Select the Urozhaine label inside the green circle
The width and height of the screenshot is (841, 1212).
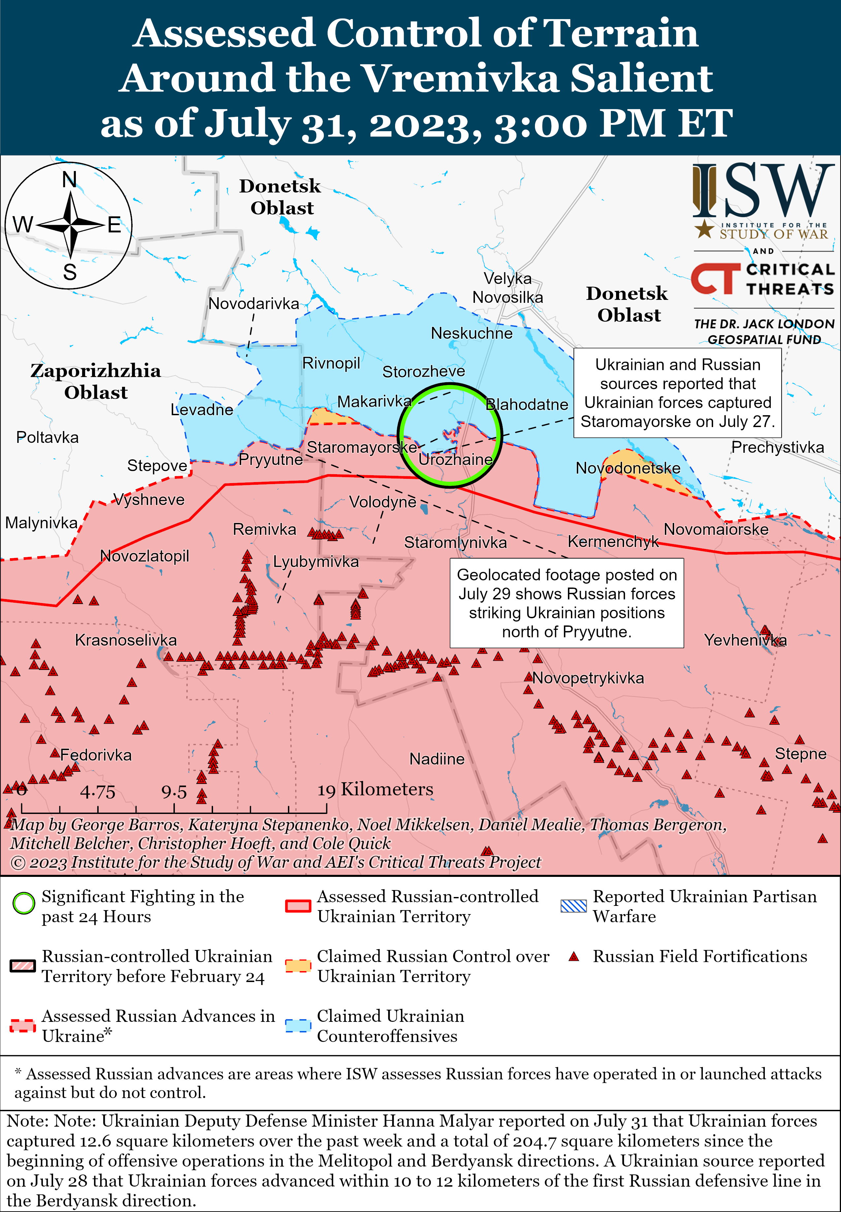[x=455, y=460]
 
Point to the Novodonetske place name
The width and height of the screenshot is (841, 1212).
[x=628, y=468]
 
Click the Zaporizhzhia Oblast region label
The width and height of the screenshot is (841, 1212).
[x=95, y=381]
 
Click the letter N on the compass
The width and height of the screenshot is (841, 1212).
[x=70, y=180]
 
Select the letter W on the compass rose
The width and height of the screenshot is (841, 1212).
[x=23, y=225]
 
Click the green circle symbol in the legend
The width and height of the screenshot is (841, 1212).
[x=24, y=904]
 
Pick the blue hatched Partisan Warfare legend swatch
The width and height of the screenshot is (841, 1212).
[x=573, y=906]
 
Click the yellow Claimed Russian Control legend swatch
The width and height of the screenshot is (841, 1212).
[x=298, y=966]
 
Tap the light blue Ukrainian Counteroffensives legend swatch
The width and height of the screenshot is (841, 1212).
[x=298, y=1025]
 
